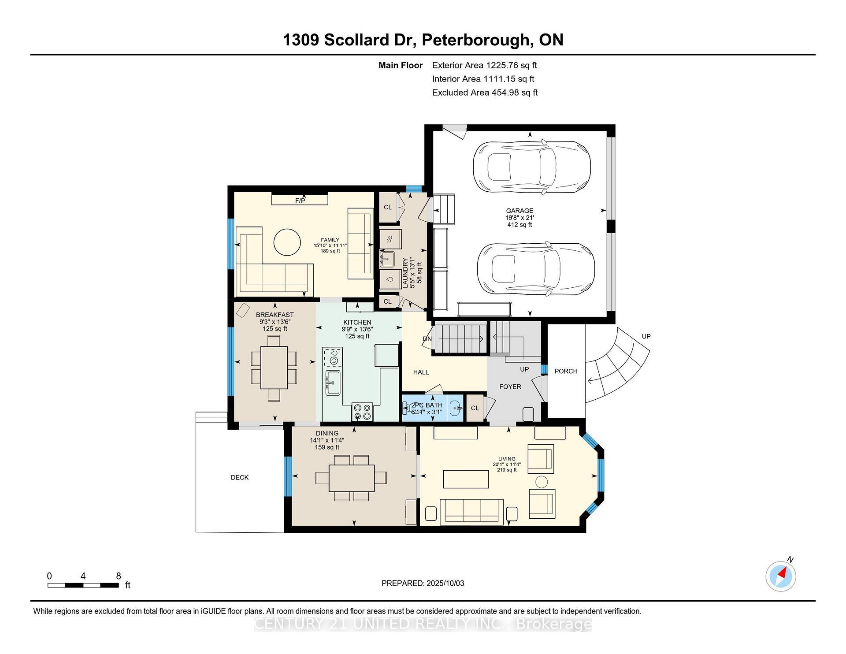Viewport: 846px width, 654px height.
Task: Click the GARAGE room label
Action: click(x=519, y=211)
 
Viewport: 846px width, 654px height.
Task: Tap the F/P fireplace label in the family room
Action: click(x=300, y=201)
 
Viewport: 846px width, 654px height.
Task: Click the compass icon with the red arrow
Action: click(x=781, y=576)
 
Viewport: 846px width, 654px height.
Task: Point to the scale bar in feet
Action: click(x=83, y=585)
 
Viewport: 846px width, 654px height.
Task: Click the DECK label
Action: click(x=240, y=477)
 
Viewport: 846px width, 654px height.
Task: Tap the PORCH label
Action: click(x=566, y=371)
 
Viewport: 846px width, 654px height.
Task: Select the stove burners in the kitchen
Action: click(x=362, y=412)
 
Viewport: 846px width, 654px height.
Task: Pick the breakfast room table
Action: click(x=274, y=368)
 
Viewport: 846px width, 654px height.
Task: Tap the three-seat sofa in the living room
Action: click(x=471, y=511)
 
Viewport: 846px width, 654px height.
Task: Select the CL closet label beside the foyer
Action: click(x=475, y=408)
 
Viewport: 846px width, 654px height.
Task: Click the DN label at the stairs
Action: click(x=427, y=339)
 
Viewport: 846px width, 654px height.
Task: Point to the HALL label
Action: click(x=421, y=372)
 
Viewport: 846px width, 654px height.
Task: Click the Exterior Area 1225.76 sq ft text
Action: click(x=484, y=65)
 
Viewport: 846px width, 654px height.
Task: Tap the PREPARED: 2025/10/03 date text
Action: click(x=423, y=583)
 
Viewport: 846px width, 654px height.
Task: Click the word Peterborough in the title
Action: click(x=475, y=40)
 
